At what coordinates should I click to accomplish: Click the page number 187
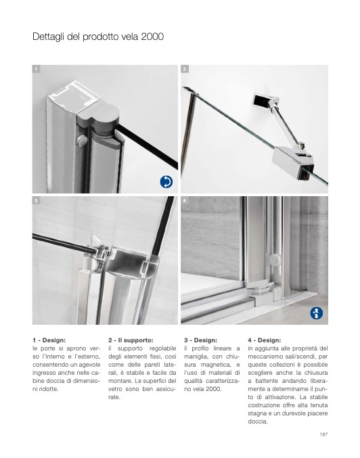[x=323, y=434]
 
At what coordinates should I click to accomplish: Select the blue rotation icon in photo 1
[x=166, y=182]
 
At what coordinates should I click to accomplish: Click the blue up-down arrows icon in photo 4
[x=317, y=313]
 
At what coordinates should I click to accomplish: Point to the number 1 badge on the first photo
[x=36, y=69]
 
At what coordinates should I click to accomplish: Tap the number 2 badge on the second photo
[x=185, y=69]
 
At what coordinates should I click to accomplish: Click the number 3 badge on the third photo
[x=36, y=200]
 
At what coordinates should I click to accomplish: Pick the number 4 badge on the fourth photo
[x=185, y=200]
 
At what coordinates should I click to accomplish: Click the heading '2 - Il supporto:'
[x=131, y=340]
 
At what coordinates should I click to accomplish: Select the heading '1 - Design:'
[x=49, y=340]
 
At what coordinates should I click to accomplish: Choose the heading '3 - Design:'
[x=200, y=340]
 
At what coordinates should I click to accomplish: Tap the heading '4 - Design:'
[x=265, y=340]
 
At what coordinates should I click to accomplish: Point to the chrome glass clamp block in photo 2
[x=293, y=162]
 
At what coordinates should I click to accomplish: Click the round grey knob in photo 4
[x=275, y=260]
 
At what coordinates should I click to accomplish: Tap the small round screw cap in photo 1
[x=81, y=140]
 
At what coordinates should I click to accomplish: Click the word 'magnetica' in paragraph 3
[x=214, y=365]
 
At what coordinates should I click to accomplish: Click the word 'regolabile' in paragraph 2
[x=163, y=349]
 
